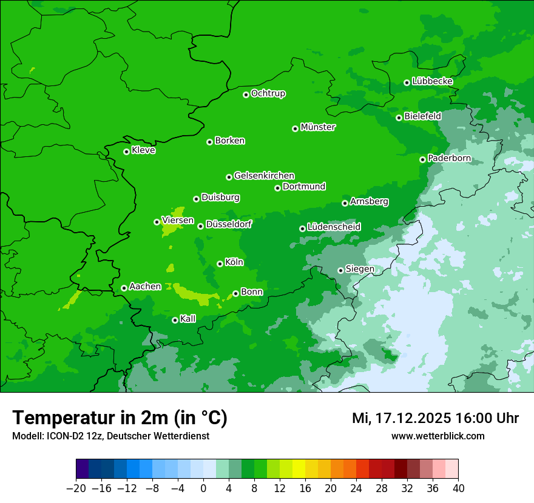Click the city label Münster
click(x=318, y=127)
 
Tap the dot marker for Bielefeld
click(x=399, y=118)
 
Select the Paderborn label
click(x=449, y=158)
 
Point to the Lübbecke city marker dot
click(x=407, y=82)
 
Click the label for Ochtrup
click(x=268, y=93)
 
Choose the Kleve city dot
click(x=126, y=152)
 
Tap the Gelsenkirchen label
click(x=264, y=176)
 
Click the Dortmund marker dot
click(x=277, y=188)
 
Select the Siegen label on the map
click(x=360, y=269)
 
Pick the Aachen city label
click(x=145, y=287)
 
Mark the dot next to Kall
click(x=175, y=320)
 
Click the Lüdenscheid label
click(x=334, y=227)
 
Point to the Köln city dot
click(x=220, y=264)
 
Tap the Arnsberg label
click(x=369, y=201)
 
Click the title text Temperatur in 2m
click(x=120, y=418)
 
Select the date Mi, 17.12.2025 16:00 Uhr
click(x=435, y=418)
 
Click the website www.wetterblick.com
click(x=438, y=436)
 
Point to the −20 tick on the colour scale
click(x=76, y=488)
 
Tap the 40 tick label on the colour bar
click(x=458, y=488)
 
